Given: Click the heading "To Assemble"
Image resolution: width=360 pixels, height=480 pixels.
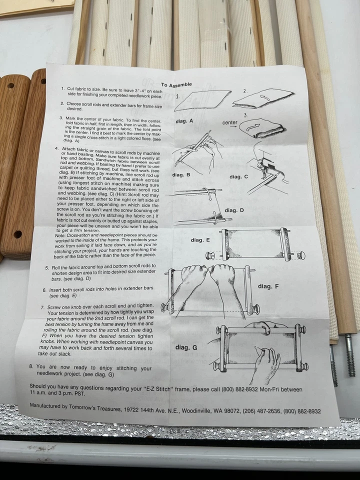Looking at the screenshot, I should click(x=176, y=85).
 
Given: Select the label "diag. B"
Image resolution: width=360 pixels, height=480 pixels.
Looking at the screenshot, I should click(x=180, y=174).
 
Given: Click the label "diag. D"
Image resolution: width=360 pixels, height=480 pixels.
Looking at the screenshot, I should click(x=234, y=210).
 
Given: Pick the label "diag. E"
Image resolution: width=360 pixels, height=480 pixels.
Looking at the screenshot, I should click(x=200, y=240).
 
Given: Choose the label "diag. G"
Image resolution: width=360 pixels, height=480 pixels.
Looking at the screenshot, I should click(x=186, y=346).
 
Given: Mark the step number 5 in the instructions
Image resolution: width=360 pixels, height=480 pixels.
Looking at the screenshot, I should click(x=47, y=267).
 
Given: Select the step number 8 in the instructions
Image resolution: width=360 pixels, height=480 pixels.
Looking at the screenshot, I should click(x=31, y=366).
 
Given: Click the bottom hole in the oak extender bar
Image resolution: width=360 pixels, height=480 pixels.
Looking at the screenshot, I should click(x=17, y=234).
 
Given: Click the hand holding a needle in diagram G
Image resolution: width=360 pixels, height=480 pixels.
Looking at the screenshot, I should click(x=264, y=363).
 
